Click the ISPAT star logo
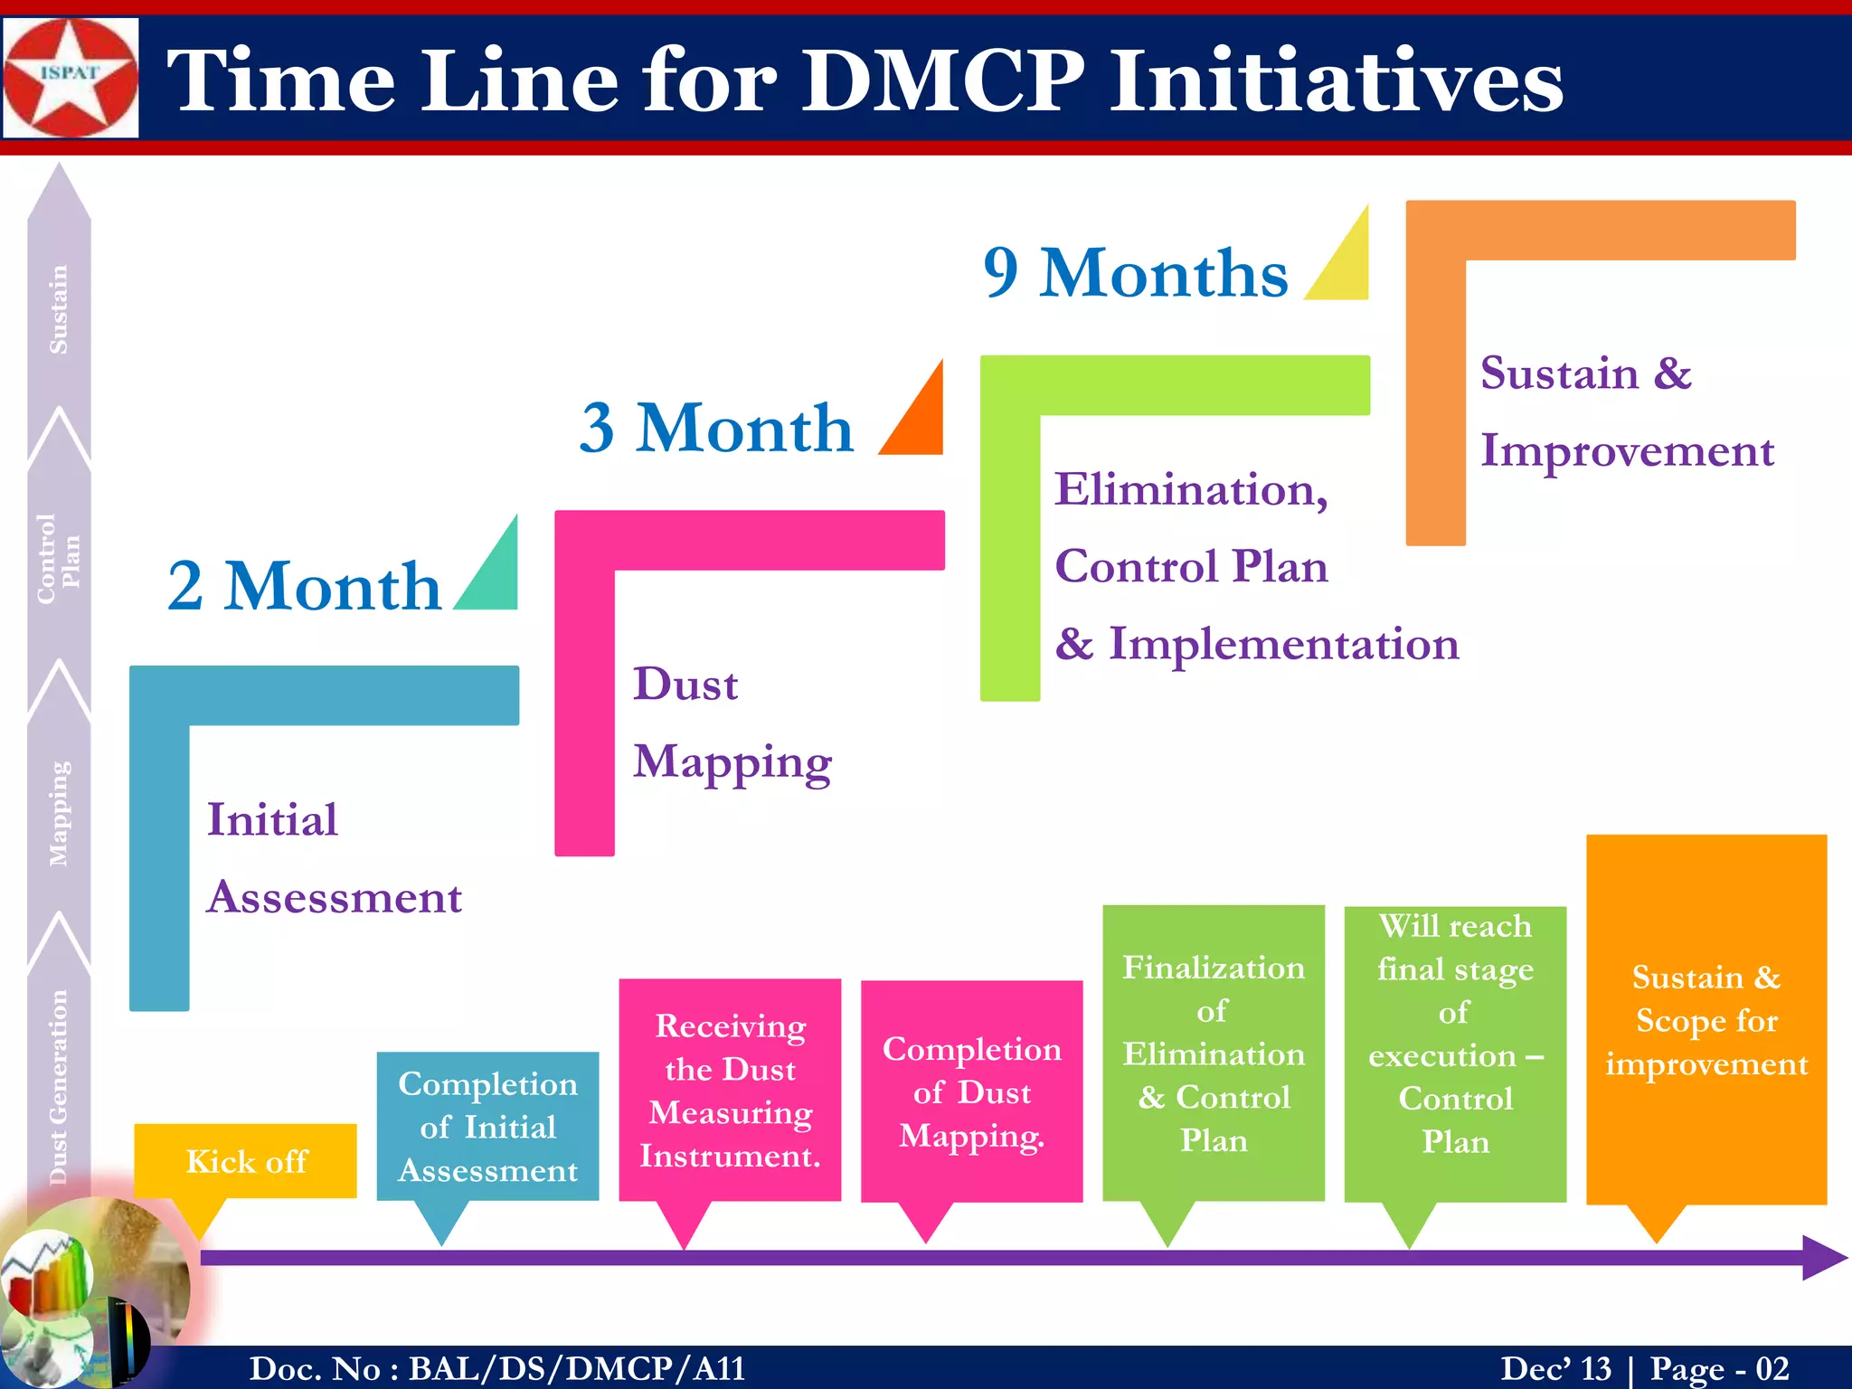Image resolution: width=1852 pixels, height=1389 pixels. tap(71, 78)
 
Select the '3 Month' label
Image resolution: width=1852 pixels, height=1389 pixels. tap(716, 428)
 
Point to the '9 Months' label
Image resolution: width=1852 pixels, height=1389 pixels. tap(1136, 272)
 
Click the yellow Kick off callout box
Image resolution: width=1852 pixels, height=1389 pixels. tap(245, 1161)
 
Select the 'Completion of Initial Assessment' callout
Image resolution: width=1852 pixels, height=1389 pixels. tap(487, 1127)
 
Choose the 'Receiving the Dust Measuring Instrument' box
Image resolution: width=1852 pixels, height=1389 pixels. tap(730, 1091)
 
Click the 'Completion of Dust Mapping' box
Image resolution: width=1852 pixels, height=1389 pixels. tap(971, 1091)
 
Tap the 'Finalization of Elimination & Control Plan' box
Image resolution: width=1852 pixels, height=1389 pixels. tap(1214, 1054)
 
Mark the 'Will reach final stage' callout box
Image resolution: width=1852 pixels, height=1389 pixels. tap(1455, 1054)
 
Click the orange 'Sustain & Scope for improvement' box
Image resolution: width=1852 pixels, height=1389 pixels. tap(1706, 1020)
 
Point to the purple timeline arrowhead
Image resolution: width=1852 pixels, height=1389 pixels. tap(1823, 1258)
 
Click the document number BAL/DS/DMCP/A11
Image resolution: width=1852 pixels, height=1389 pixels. tap(577, 1368)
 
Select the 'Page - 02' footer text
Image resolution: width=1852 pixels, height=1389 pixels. tap(1719, 1368)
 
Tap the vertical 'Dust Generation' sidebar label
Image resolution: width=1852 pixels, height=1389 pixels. tap(59, 1086)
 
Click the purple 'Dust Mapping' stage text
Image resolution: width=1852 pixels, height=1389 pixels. tap(732, 723)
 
